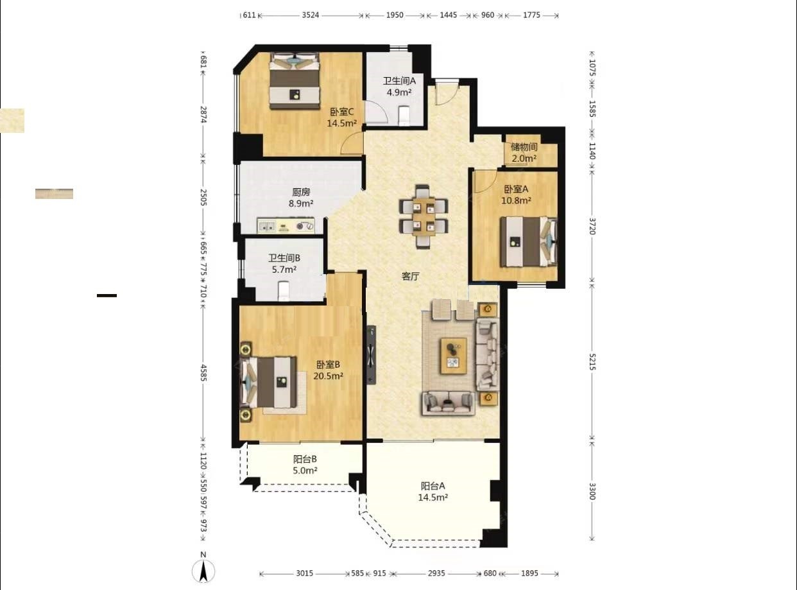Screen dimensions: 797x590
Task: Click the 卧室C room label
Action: point(342,112)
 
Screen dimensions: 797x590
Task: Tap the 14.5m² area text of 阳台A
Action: point(433,498)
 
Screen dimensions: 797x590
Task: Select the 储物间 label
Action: point(524,146)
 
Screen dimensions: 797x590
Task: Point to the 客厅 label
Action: point(410,276)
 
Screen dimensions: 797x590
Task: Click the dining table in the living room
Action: point(424,216)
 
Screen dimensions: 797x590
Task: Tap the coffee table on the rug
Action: point(454,355)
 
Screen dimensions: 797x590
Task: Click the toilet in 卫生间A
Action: point(404,116)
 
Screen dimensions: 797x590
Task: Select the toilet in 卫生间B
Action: point(284,291)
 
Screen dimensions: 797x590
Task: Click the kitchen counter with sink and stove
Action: point(286,225)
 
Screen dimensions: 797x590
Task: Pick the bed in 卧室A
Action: point(528,241)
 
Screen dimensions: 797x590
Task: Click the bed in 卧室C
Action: point(295,80)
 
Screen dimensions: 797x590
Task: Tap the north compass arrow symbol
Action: point(203,571)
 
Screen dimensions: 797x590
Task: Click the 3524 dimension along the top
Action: point(310,15)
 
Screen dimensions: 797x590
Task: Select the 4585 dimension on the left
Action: point(203,373)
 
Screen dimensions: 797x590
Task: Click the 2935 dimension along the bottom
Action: point(436,573)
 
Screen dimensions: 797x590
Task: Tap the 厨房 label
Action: point(301,192)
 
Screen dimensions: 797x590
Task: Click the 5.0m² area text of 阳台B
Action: point(305,471)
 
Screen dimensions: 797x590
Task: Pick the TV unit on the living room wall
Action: point(372,355)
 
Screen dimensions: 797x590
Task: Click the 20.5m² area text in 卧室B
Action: point(328,376)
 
